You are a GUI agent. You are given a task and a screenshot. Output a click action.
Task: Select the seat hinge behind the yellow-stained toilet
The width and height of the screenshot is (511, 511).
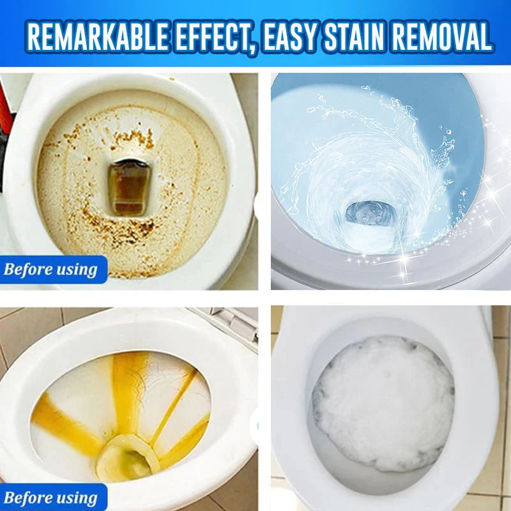coord(230,323)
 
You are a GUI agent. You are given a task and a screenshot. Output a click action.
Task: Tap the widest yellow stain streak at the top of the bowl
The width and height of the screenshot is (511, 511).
coord(131,383)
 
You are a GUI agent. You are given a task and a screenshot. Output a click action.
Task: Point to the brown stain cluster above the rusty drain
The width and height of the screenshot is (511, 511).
coord(131,137)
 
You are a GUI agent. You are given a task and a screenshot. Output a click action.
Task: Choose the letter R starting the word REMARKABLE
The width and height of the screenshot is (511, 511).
coord(35,36)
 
